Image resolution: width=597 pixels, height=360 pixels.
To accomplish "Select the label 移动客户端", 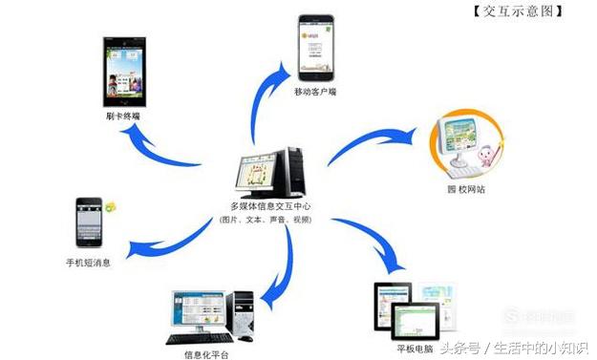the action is (x=316, y=93).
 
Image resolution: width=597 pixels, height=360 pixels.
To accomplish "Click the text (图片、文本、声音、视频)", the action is (x=270, y=221).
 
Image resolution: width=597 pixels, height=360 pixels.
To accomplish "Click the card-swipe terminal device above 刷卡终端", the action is (x=124, y=72).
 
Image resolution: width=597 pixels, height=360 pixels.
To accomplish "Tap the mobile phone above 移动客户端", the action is (x=315, y=47).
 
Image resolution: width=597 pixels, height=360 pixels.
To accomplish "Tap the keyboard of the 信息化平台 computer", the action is (x=199, y=337).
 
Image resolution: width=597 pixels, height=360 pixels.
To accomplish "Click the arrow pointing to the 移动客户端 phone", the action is (x=267, y=95).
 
